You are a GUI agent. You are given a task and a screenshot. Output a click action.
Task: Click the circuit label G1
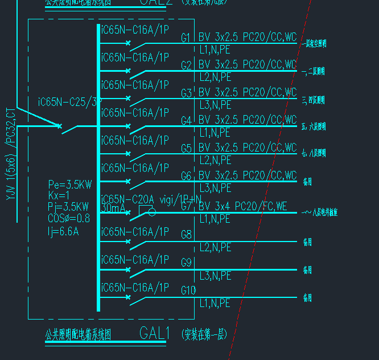pyautogui.click(x=186, y=38)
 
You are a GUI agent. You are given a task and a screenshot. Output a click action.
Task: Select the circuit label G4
pyautogui.click(x=186, y=121)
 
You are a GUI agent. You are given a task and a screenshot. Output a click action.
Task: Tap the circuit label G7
pyautogui.click(x=186, y=206)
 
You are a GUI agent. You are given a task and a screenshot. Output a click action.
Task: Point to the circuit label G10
pyautogui.click(x=188, y=291)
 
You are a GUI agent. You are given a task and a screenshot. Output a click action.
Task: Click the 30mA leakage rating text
pyautogui.click(x=114, y=209)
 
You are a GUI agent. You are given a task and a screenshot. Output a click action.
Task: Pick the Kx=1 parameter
pyautogui.click(x=58, y=195)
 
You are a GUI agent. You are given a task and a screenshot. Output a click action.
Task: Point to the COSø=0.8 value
pyautogui.click(x=69, y=218)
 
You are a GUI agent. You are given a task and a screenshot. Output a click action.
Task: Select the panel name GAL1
pyautogui.click(x=155, y=333)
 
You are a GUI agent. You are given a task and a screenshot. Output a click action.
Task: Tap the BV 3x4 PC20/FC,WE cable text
pyautogui.click(x=243, y=206)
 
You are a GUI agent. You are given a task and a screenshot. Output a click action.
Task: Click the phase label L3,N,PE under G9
pyautogui.click(x=215, y=276)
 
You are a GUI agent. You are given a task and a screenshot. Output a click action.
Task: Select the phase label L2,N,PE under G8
pyautogui.click(x=215, y=248)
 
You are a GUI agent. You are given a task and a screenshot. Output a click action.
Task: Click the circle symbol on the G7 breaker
pyautogui.click(x=151, y=212)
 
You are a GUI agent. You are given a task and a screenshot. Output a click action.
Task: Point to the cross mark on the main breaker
pyautogui.click(x=59, y=125)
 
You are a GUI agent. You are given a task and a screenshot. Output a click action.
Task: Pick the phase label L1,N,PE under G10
pyautogui.click(x=215, y=304)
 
